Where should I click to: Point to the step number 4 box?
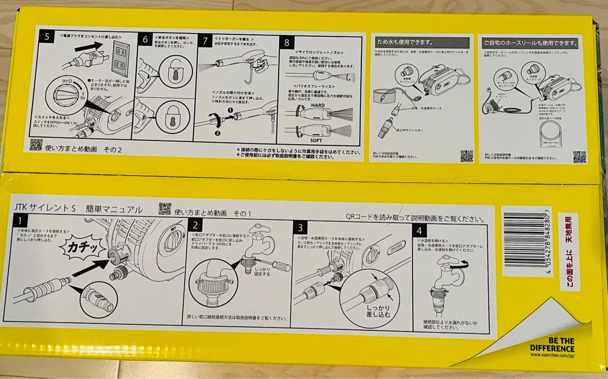419,230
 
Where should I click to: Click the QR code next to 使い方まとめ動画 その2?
36,145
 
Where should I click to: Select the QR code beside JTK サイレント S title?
164,208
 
